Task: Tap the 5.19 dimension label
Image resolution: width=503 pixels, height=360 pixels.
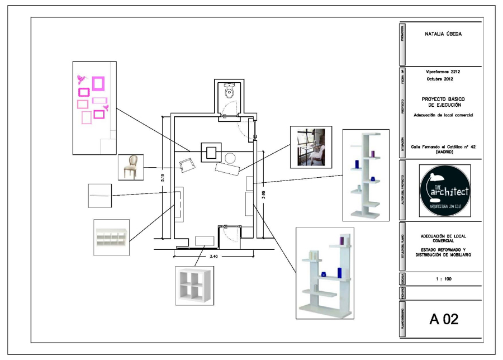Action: [162, 177]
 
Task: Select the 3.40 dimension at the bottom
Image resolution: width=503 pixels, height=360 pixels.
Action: [214, 257]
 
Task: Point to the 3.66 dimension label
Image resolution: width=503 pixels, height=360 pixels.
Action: [263, 195]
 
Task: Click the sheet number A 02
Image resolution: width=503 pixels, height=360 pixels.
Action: [444, 320]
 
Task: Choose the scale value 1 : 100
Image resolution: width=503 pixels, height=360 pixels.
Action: [443, 278]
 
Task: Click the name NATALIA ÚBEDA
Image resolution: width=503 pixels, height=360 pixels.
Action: [443, 34]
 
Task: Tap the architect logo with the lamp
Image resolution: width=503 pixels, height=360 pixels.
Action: [444, 190]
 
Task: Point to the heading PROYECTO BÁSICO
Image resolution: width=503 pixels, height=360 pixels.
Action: [444, 98]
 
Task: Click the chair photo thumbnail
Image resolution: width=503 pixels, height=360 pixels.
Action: [131, 167]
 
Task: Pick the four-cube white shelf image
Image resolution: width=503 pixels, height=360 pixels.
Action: [194, 285]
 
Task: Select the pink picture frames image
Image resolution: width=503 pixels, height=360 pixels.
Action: [94, 107]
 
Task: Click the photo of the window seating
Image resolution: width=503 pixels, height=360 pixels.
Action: [311, 146]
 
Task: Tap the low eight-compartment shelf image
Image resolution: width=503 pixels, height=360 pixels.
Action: [111, 238]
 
